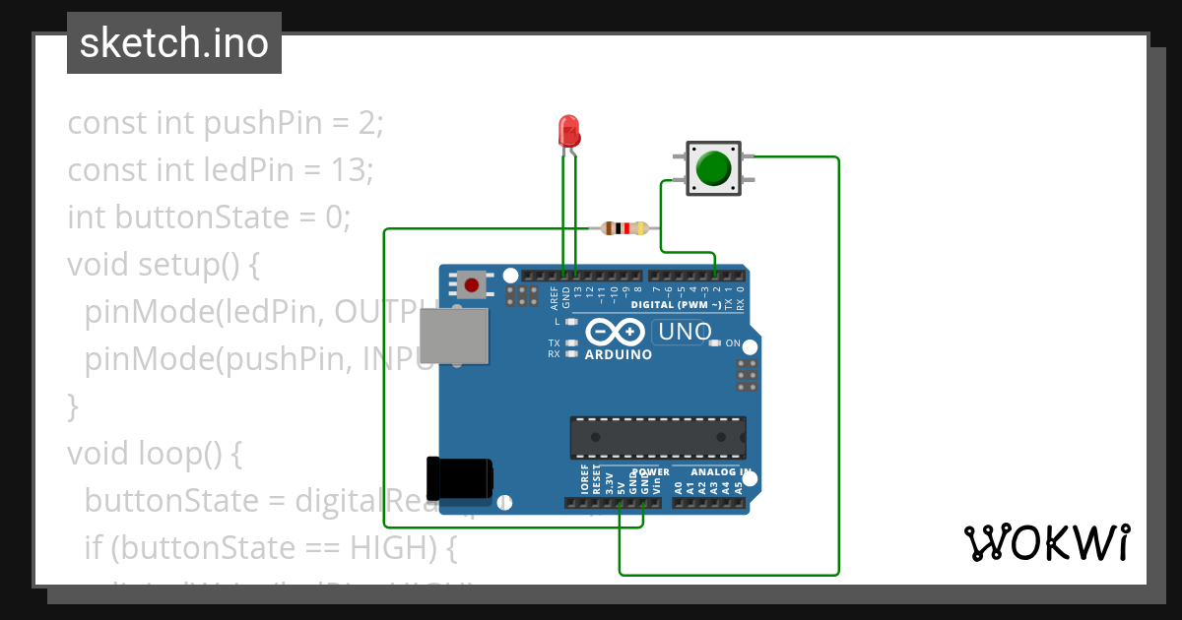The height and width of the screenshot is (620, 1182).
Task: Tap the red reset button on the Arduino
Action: tap(472, 285)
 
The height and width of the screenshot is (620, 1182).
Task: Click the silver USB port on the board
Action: tap(453, 335)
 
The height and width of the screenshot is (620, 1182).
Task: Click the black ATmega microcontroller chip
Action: tap(657, 437)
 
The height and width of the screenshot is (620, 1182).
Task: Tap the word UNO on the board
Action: tap(685, 333)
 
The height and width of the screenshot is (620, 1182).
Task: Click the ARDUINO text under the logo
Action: tap(618, 354)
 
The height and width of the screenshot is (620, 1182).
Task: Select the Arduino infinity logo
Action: tap(618, 333)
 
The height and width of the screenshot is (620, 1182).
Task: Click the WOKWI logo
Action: tap(1046, 542)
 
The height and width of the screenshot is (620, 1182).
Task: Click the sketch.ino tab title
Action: tap(174, 43)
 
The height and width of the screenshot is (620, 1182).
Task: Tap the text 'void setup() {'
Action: tap(163, 265)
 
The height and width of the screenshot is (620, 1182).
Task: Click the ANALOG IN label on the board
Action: tap(719, 472)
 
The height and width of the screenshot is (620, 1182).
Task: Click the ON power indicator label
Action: tap(733, 343)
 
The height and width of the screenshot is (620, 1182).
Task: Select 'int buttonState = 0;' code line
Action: tap(209, 217)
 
